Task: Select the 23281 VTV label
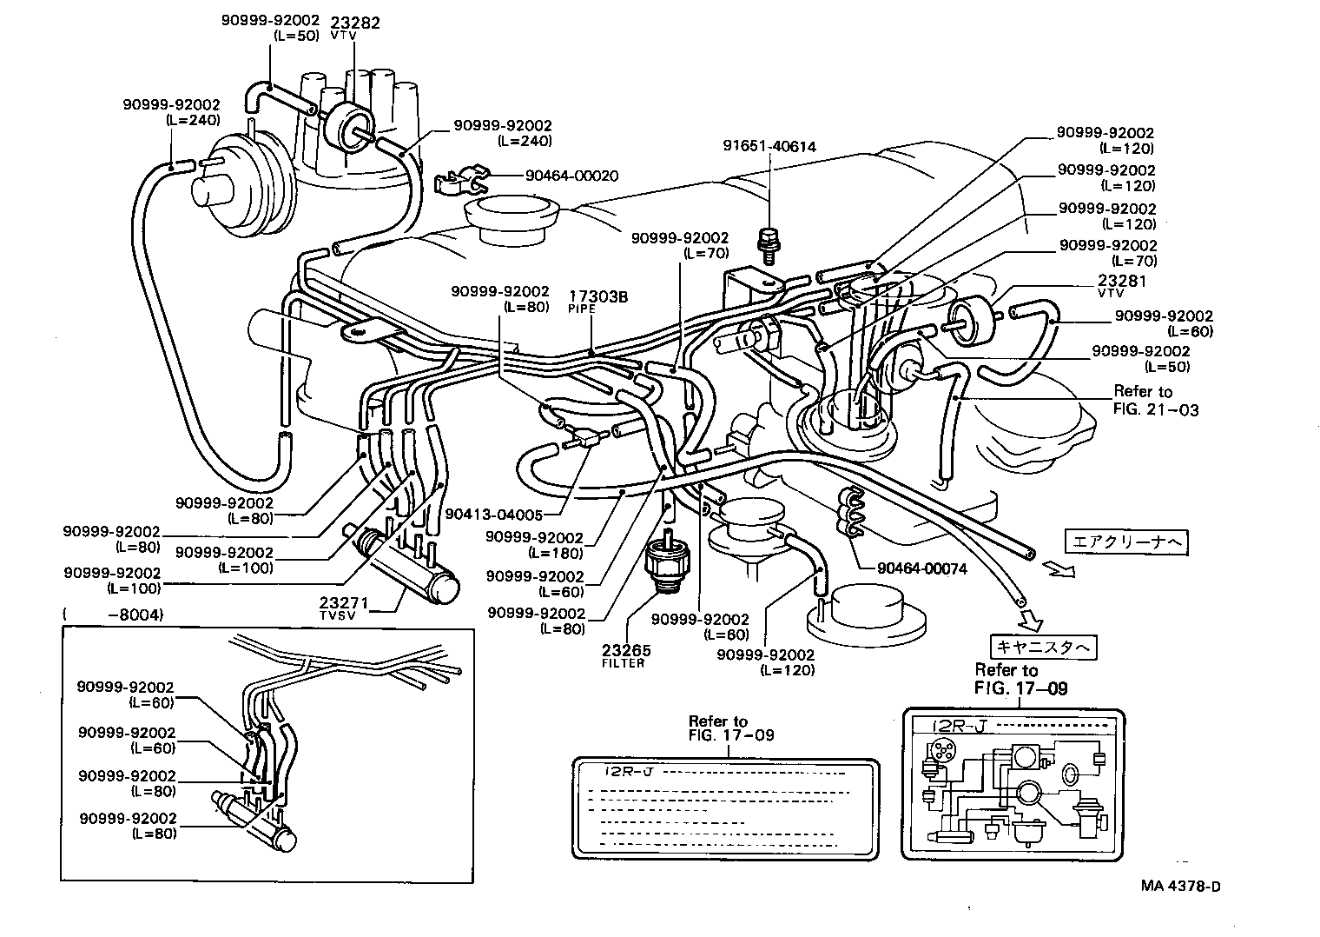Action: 1122,287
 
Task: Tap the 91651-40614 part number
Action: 769,147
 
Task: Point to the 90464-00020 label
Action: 571,176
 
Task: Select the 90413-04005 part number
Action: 493,515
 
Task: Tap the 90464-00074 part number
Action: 921,568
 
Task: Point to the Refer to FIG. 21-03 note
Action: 1155,400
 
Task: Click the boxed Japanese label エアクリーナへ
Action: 1125,542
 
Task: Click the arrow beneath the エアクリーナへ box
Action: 1059,570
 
